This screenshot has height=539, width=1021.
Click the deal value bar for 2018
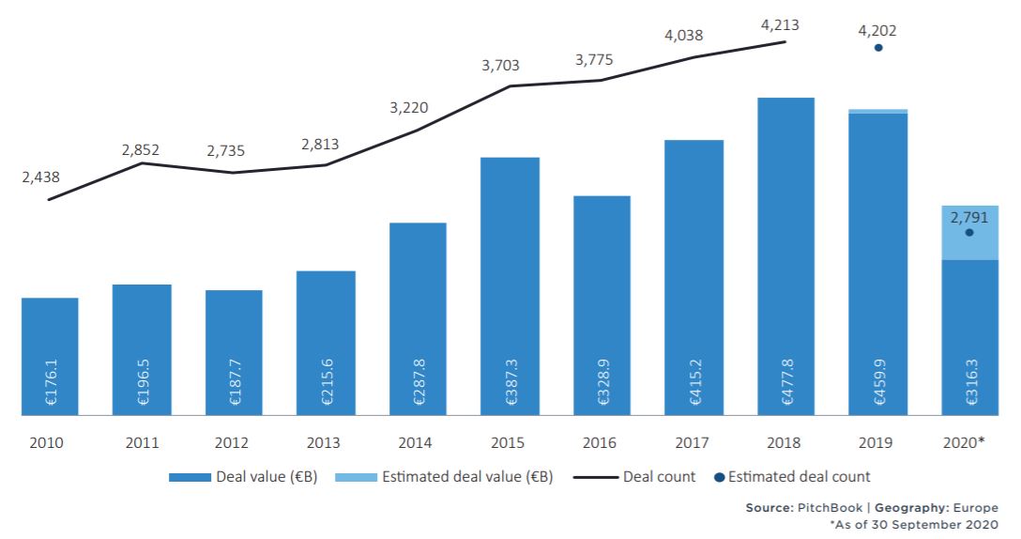[x=785, y=254]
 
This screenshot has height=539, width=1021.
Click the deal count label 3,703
[x=500, y=66]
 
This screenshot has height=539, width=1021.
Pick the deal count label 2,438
[x=40, y=177]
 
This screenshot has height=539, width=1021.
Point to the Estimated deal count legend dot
[x=719, y=477]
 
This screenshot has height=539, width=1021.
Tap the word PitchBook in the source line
[x=825, y=507]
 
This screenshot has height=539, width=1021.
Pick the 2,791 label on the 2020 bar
[x=969, y=217]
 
